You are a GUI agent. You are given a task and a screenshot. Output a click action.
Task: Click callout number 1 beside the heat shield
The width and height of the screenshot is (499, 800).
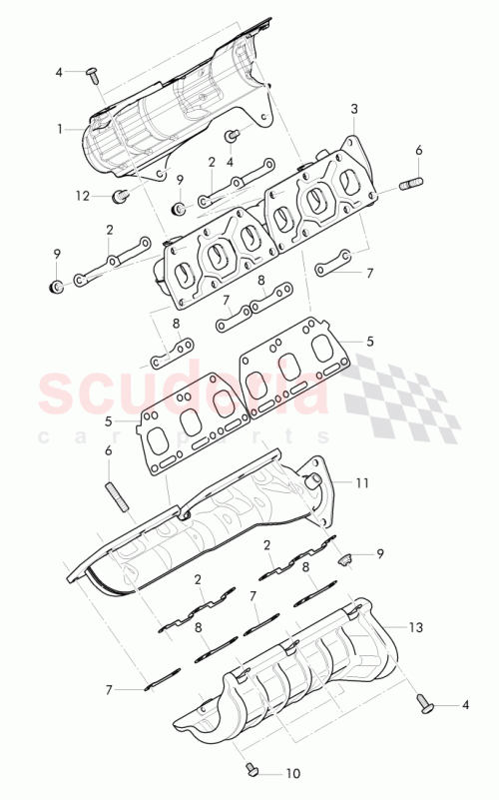point(60,129)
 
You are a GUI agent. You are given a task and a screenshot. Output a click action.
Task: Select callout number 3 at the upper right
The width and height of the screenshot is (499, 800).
point(353,108)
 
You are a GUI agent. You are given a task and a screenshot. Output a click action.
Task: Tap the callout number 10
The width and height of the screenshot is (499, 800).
point(292,772)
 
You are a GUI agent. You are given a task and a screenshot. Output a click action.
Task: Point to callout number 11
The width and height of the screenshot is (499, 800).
point(361,482)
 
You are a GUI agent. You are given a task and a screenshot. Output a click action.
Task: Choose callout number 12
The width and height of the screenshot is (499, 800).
point(82,195)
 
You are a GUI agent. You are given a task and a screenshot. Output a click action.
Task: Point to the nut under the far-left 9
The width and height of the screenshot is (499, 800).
point(57,289)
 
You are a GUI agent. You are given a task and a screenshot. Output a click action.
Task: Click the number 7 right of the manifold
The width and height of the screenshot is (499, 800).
point(369,273)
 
